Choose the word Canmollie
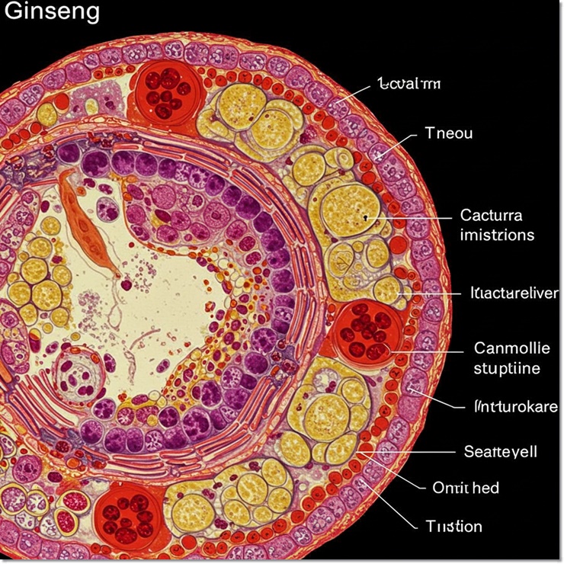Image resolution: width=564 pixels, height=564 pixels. [x=511, y=349]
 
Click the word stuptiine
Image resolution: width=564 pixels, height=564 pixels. [x=507, y=369]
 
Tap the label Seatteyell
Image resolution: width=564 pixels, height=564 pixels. [x=500, y=451]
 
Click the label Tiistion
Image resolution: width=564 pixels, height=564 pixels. [x=453, y=526]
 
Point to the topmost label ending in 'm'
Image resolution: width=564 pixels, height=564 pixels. [x=409, y=84]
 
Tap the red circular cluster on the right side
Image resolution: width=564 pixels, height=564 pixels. [x=370, y=332]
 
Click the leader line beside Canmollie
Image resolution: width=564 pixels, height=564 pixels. [x=427, y=352]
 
